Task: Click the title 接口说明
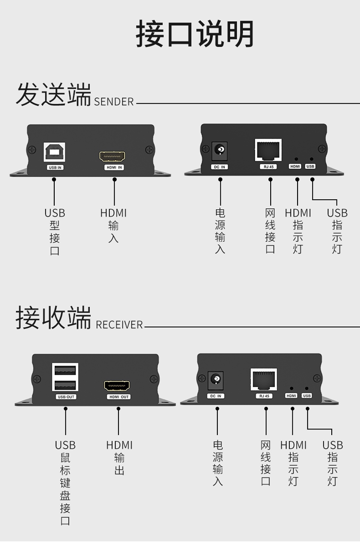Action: (x=194, y=35)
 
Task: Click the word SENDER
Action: (x=114, y=102)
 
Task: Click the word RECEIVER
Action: (x=119, y=325)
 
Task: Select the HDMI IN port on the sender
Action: (x=112, y=156)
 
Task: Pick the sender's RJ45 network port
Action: (x=268, y=150)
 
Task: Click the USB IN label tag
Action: (x=55, y=167)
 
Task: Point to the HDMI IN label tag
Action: (x=114, y=167)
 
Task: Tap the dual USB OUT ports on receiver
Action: (x=65, y=378)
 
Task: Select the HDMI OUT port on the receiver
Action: (x=118, y=386)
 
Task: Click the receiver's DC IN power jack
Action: (x=216, y=381)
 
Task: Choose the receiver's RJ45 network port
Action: (x=264, y=380)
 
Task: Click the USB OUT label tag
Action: (x=66, y=397)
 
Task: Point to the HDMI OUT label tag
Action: (x=119, y=397)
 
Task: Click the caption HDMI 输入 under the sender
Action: (x=114, y=225)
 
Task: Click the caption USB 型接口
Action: (x=55, y=231)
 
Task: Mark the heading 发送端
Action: (x=53, y=95)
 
